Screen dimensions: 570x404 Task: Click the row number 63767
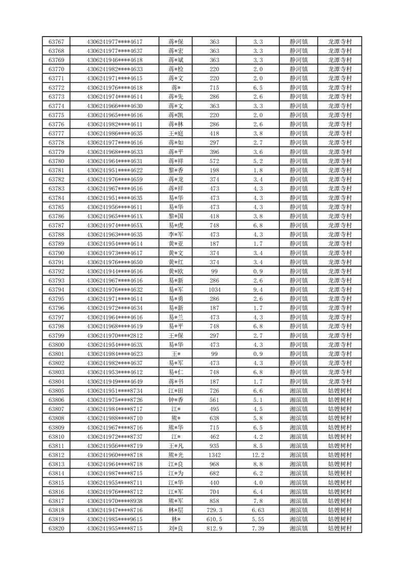[56, 42]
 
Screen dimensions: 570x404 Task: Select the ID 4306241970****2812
[114, 336]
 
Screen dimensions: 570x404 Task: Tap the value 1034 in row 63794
[214, 290]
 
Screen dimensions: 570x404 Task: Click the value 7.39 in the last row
[257, 529]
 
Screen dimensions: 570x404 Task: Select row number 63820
[56, 529]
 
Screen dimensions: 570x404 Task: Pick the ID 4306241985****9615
[114, 520]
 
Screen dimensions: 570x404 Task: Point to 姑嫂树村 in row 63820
[339, 529]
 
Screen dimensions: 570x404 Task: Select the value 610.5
[214, 520]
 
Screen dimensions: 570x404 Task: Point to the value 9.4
[257, 290]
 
